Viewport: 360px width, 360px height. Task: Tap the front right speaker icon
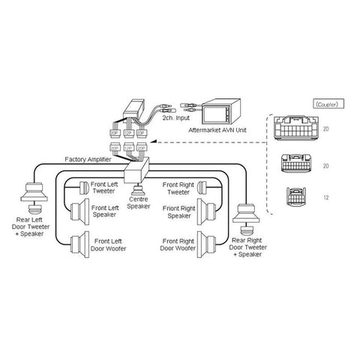(x=202, y=214)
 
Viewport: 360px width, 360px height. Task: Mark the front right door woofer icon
(x=202, y=245)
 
